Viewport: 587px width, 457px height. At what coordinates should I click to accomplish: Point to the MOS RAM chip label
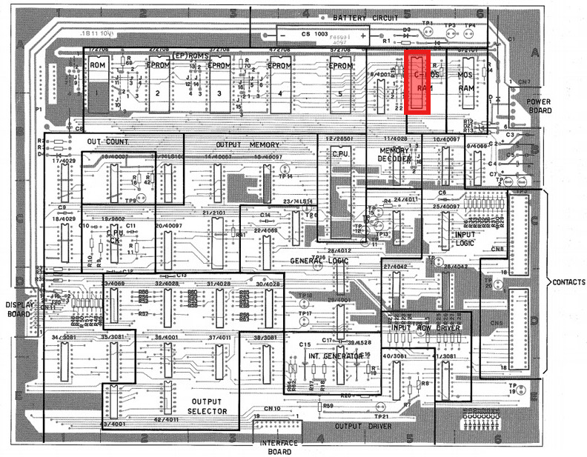coord(465,81)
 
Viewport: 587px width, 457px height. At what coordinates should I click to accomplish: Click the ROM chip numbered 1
coord(98,85)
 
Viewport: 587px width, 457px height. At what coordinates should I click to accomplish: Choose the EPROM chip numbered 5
coord(339,85)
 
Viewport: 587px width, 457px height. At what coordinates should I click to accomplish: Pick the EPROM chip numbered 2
coord(158,85)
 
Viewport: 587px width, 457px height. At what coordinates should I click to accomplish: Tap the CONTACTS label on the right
coord(567,282)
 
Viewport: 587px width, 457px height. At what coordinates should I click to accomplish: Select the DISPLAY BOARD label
coord(19,309)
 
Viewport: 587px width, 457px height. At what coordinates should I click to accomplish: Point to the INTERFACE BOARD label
coord(279,447)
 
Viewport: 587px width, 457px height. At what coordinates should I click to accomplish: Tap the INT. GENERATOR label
coord(335,356)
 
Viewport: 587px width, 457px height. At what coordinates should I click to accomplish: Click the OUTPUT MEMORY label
coord(248,144)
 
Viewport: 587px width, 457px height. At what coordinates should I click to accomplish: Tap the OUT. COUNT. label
coord(108,141)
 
